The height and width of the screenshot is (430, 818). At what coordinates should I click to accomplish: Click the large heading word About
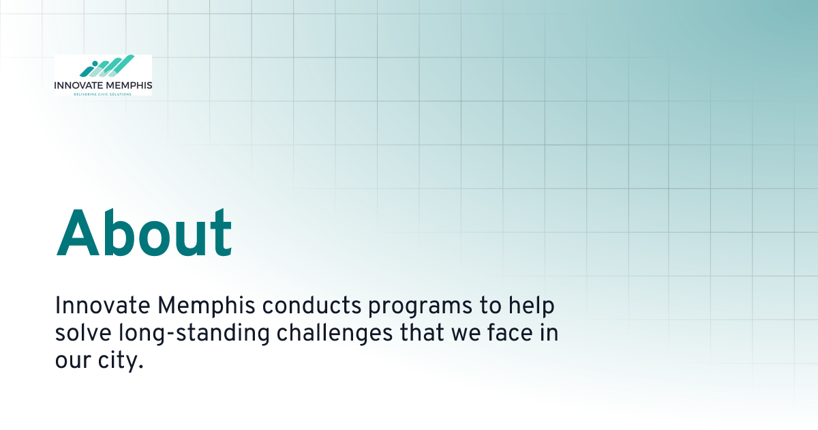(144, 233)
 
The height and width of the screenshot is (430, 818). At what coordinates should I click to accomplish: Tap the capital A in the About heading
(78, 233)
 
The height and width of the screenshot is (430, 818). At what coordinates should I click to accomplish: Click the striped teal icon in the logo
(106, 66)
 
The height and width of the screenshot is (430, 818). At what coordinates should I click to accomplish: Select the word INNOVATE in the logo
(78, 85)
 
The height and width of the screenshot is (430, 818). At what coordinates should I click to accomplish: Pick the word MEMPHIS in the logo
(129, 85)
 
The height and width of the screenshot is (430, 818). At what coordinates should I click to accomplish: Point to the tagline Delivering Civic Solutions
(103, 94)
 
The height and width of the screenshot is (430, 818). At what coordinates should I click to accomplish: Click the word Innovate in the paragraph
(103, 305)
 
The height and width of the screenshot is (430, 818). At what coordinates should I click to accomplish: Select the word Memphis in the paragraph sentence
(207, 305)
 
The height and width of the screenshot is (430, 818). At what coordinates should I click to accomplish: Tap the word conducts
(312, 305)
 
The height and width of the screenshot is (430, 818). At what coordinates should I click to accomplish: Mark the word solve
(83, 333)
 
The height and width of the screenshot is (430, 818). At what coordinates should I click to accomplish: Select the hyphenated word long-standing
(194, 334)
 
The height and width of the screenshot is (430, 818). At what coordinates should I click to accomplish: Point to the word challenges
(335, 334)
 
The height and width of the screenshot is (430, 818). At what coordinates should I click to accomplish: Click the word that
(422, 333)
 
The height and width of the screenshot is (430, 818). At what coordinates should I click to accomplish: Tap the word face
(510, 333)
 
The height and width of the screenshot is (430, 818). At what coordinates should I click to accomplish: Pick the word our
(73, 361)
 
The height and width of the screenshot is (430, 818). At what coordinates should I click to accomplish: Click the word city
(118, 361)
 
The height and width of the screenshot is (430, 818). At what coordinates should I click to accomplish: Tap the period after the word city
(141, 367)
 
